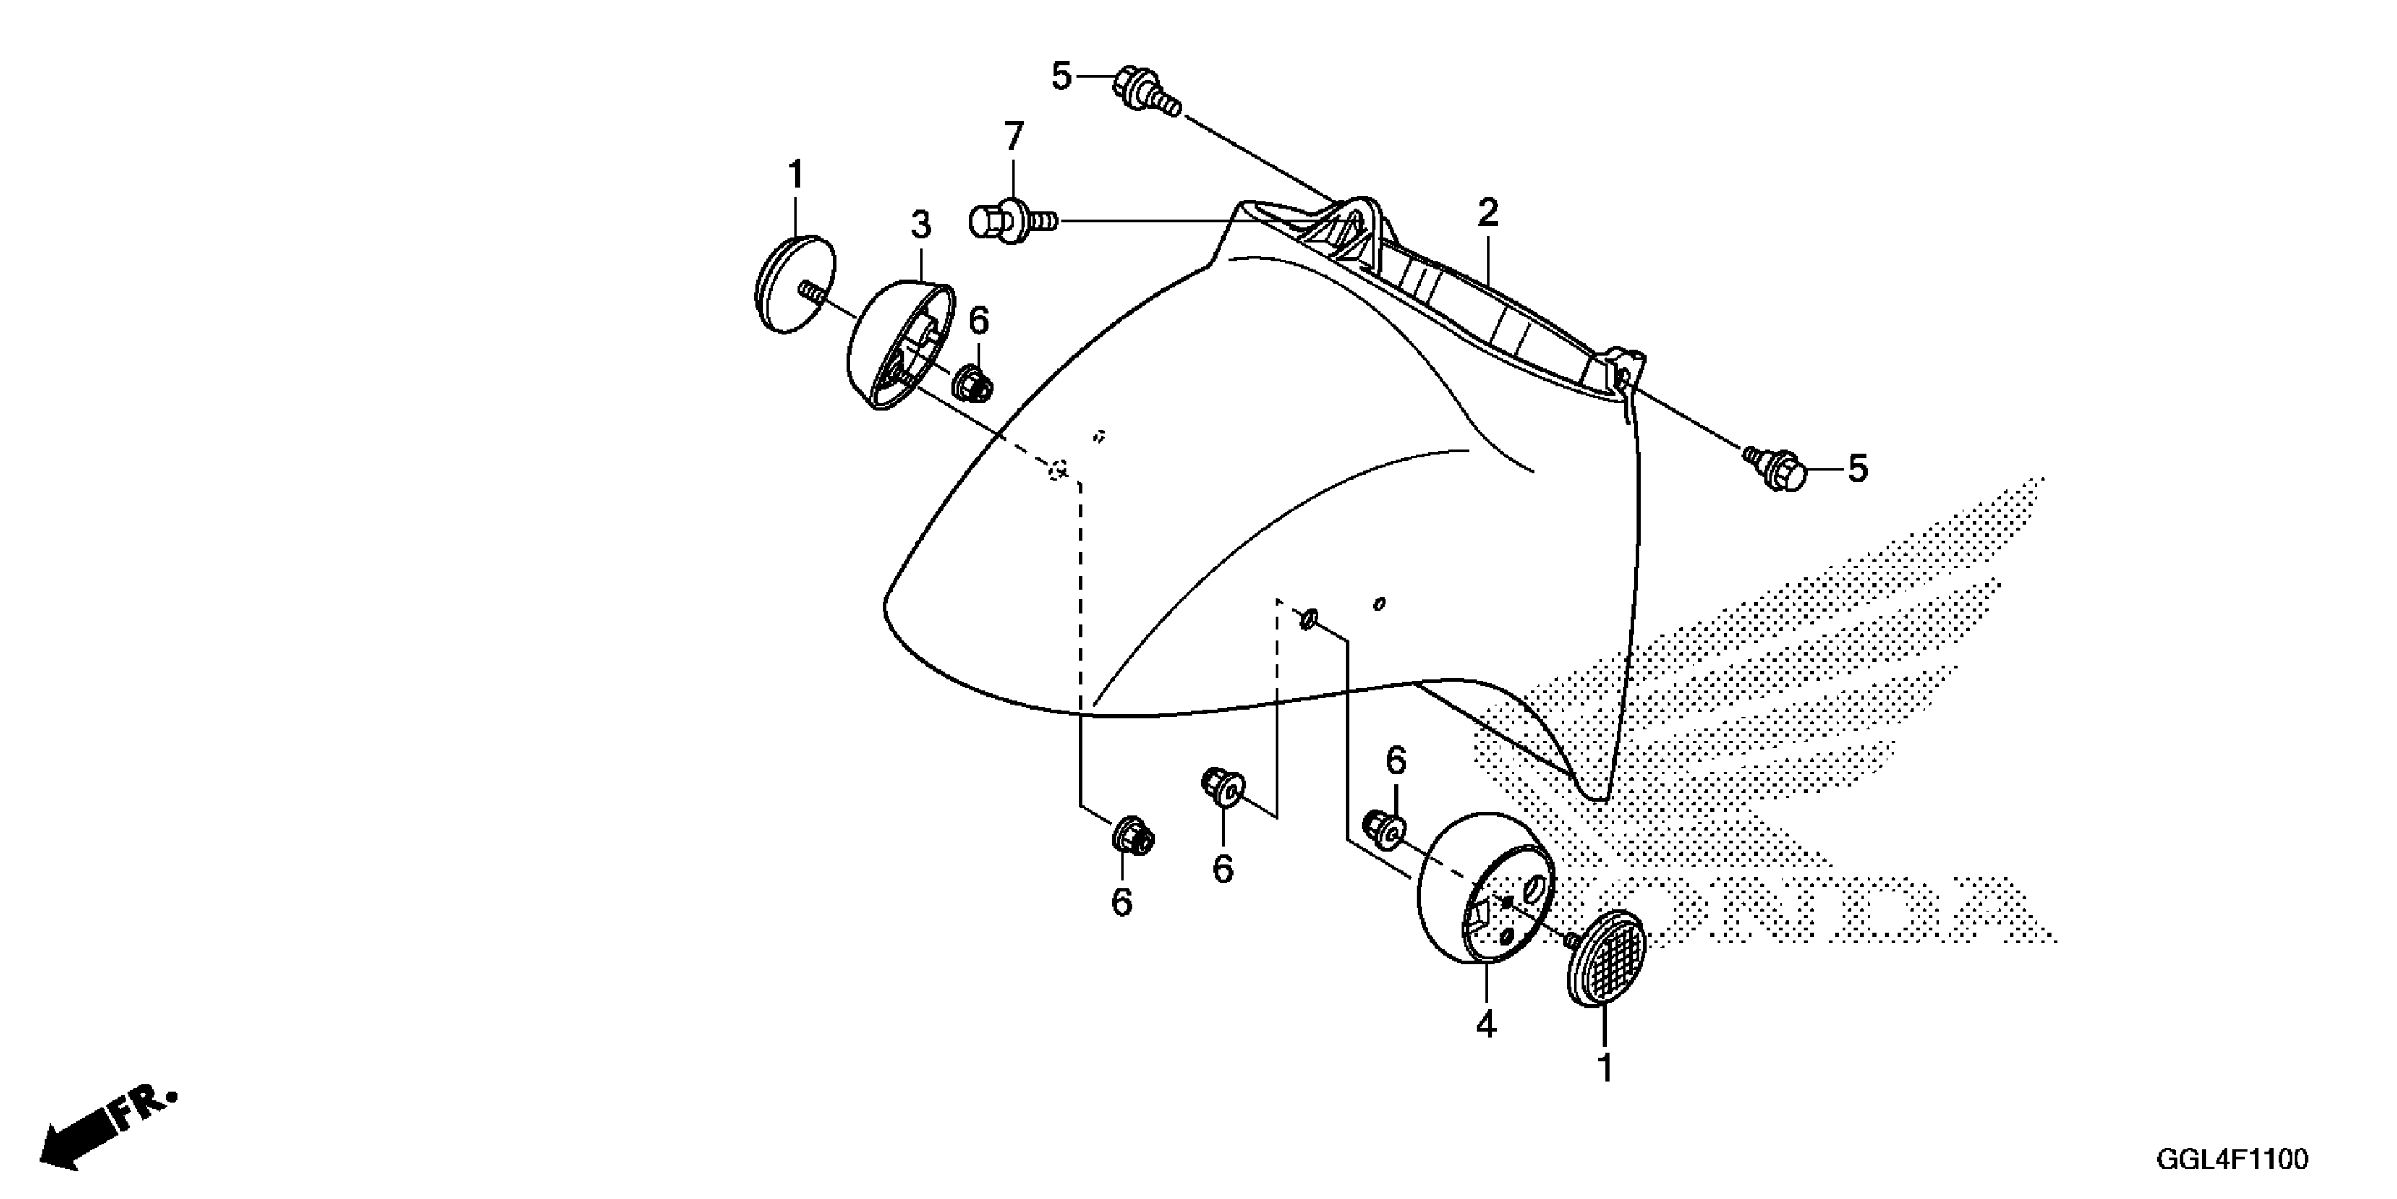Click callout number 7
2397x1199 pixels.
point(1012,138)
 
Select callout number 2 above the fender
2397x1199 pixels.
point(1488,214)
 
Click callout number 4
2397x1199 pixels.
point(1486,1025)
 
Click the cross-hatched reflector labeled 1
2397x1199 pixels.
point(1606,958)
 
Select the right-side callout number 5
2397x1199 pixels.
point(1856,469)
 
